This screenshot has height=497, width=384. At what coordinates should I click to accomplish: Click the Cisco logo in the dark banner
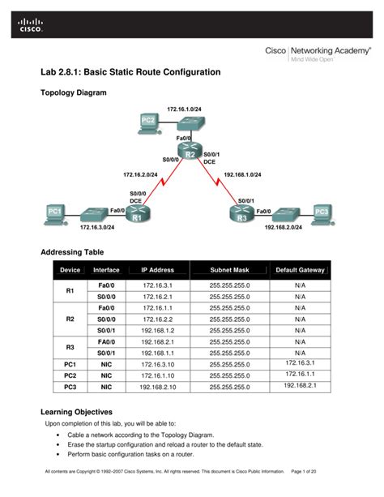26,28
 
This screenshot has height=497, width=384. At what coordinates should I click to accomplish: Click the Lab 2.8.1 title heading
130,72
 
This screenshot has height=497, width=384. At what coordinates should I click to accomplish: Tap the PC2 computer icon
148,122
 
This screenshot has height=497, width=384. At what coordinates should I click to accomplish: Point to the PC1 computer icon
55,213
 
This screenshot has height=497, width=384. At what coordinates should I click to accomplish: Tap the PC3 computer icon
322,212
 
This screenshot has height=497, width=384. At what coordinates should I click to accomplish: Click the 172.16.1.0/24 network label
185,108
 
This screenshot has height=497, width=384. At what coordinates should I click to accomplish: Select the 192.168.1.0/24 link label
242,174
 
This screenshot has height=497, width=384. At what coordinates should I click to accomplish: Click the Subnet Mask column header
230,270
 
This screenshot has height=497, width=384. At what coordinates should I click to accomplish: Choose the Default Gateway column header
300,270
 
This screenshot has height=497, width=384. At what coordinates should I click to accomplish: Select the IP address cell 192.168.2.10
158,387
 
